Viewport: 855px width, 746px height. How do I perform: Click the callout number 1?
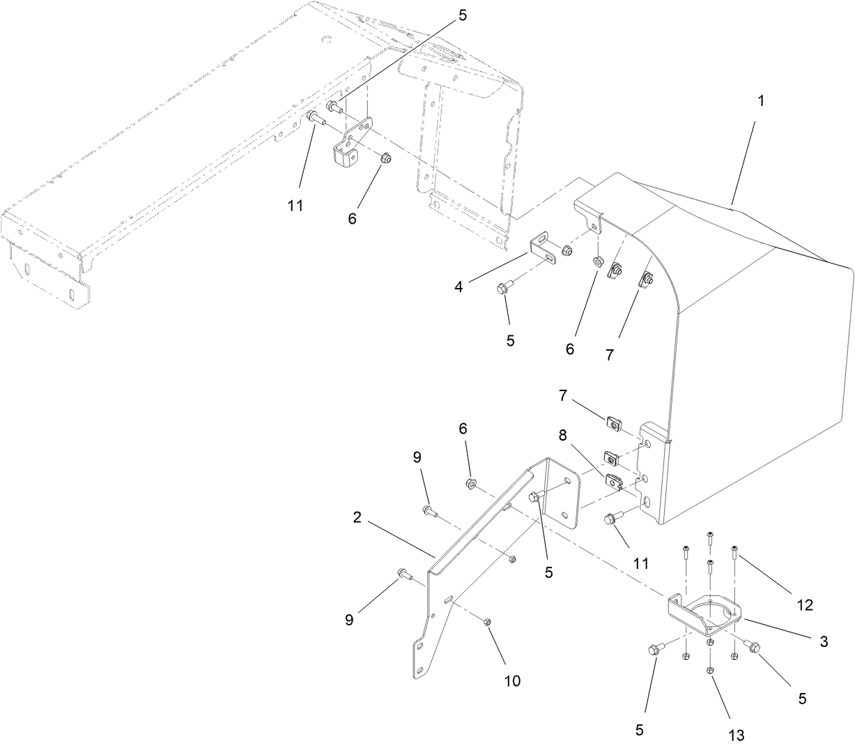pos(761,100)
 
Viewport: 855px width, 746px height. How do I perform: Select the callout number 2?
pos(357,517)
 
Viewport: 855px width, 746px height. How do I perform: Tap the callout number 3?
pos(824,641)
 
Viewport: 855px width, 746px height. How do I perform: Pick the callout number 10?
pos(512,681)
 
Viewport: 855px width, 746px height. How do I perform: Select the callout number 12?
pos(805,605)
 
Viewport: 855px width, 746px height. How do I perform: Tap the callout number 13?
pos(737,735)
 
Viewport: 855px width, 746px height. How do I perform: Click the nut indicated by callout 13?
pos(709,670)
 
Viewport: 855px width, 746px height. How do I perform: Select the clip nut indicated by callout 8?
pos(613,480)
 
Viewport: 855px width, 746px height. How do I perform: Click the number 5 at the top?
pos(463,16)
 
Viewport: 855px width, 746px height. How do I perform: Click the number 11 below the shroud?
pos(639,563)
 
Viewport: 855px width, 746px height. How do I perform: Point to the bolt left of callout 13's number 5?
pos(656,649)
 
